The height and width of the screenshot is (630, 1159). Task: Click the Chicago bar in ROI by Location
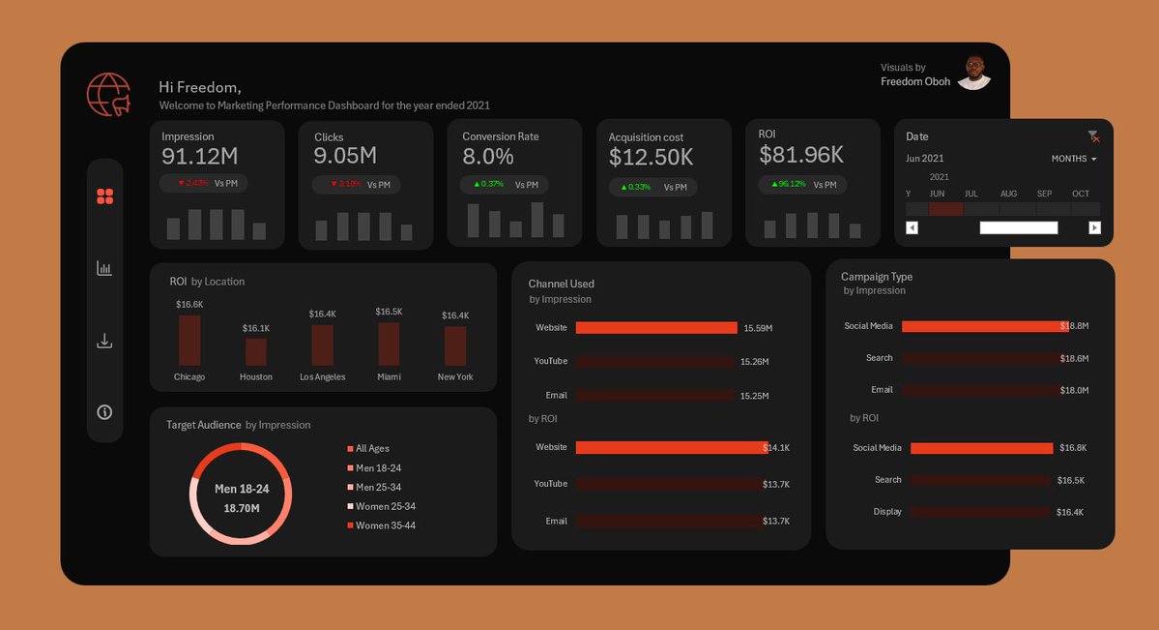pos(189,340)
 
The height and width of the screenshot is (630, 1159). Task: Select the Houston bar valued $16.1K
pos(256,351)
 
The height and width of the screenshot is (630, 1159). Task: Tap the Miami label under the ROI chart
pos(389,377)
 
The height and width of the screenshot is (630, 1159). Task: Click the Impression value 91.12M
pos(200,157)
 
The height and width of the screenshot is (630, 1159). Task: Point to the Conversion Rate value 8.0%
pos(488,157)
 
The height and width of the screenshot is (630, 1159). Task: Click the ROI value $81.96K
pos(801,155)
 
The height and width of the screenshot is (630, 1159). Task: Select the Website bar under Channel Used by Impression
pos(656,328)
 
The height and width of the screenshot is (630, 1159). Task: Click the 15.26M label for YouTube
pos(755,362)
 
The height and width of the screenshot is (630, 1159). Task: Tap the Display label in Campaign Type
pos(887,512)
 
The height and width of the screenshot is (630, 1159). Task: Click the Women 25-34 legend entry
pos(385,506)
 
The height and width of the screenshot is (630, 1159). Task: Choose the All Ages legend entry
pos(372,448)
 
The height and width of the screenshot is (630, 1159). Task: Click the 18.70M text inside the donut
pos(242,508)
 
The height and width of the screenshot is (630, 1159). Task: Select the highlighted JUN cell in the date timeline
pos(946,209)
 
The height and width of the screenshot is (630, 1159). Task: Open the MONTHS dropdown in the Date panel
pos(1074,159)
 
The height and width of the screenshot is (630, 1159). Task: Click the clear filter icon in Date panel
pos(1093,137)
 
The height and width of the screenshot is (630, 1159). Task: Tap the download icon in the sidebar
pos(104,341)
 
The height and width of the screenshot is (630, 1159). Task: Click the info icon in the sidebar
pos(104,412)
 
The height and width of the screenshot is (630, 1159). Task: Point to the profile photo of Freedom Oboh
pos(974,74)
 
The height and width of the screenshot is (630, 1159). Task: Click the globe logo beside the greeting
pos(108,95)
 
